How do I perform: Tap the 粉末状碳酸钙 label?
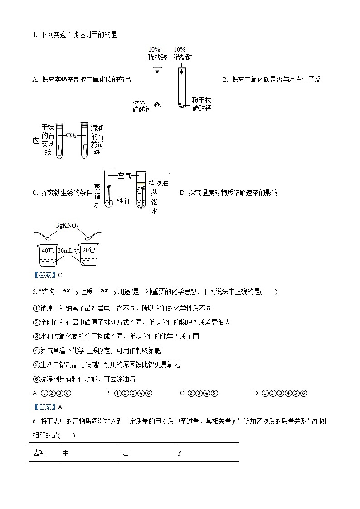click(x=201, y=104)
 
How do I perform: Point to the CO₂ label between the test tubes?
click(x=71, y=135)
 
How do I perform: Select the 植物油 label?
click(x=159, y=183)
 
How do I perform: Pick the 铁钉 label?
click(x=124, y=201)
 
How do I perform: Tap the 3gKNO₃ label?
click(x=67, y=225)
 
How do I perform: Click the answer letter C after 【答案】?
click(x=60, y=275)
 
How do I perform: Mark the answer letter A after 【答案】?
click(x=60, y=407)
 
